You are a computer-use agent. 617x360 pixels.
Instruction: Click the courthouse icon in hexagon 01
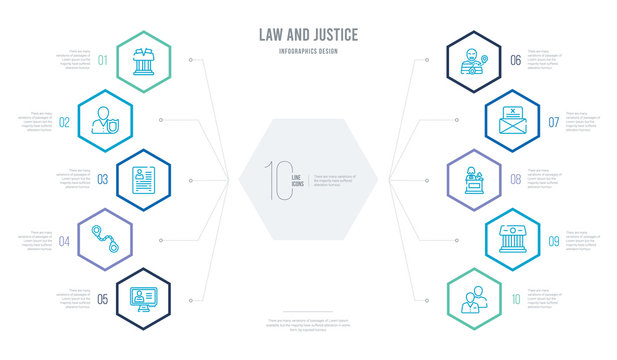139,59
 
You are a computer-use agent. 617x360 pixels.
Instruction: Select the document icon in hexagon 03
139,179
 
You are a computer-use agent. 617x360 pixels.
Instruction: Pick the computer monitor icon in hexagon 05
139,299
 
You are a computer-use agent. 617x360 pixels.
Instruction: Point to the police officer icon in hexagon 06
475,59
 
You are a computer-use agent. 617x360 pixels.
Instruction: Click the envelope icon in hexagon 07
512,119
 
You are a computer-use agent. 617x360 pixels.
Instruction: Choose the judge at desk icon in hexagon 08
475,179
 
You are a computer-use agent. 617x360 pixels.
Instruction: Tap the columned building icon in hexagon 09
512,239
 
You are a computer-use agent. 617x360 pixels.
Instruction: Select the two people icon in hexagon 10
475,299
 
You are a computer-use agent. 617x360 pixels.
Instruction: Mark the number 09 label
553,240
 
